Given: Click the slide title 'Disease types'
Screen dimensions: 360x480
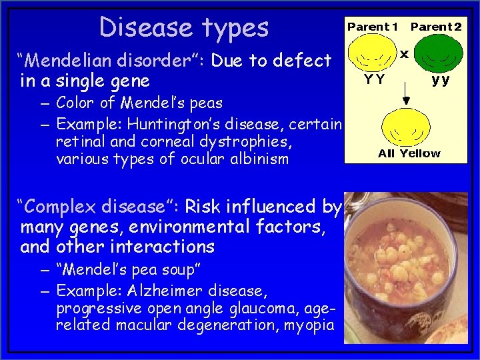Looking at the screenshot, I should (184, 27).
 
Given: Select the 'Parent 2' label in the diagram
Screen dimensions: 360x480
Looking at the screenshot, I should (435, 27).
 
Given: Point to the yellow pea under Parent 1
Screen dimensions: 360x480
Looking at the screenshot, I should (373, 58).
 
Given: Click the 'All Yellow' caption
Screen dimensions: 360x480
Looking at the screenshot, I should (409, 153).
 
